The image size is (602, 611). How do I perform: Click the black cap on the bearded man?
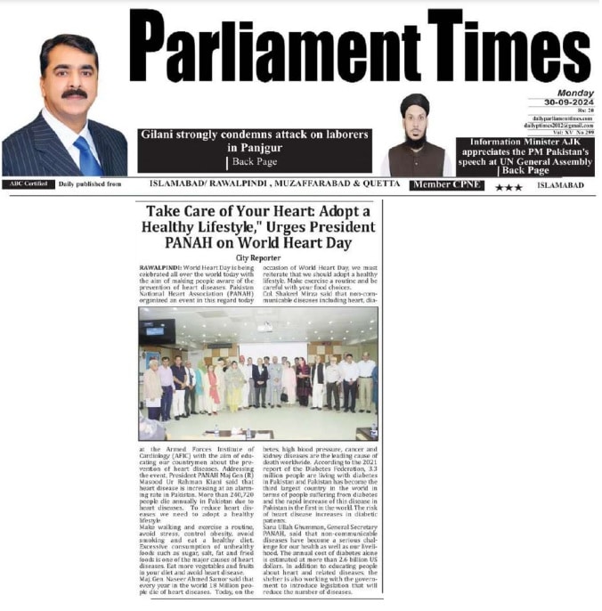click(x=415, y=103)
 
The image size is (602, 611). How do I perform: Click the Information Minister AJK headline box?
click(x=525, y=155)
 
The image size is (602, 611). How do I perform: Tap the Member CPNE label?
click(x=446, y=185)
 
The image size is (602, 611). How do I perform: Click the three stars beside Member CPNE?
click(x=508, y=186)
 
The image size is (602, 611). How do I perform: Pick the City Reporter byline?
click(x=259, y=257)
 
